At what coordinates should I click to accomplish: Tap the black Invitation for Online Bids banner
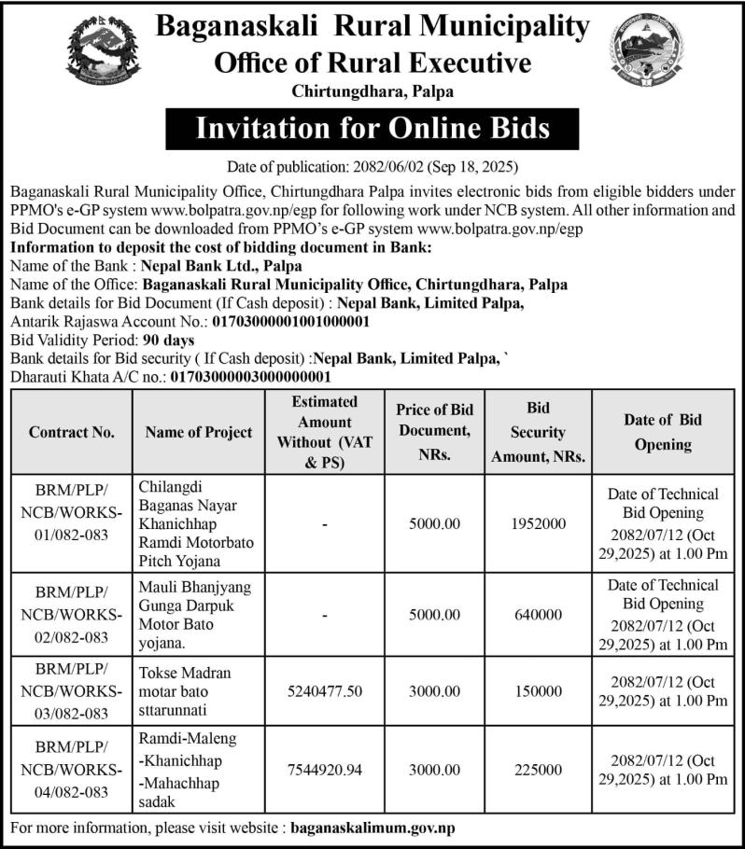pyautogui.click(x=372, y=128)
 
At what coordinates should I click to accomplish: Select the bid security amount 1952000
pyautogui.click(x=538, y=524)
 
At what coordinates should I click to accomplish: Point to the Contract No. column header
pyautogui.click(x=72, y=432)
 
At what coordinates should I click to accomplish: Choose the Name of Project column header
pyautogui.click(x=198, y=432)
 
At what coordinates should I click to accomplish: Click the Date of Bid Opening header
pyautogui.click(x=662, y=432)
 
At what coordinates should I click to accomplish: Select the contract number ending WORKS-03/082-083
pyautogui.click(x=72, y=691)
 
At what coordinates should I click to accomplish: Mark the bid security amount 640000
pyautogui.click(x=538, y=615)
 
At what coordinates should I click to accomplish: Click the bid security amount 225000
pyautogui.click(x=538, y=770)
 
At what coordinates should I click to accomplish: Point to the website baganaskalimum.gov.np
pyautogui.click(x=373, y=828)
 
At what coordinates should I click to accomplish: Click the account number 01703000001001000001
pyautogui.click(x=292, y=322)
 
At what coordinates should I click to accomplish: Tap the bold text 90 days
pyautogui.click(x=168, y=341)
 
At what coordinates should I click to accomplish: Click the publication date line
pyautogui.click(x=372, y=168)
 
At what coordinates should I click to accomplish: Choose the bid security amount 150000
pyautogui.click(x=538, y=691)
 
